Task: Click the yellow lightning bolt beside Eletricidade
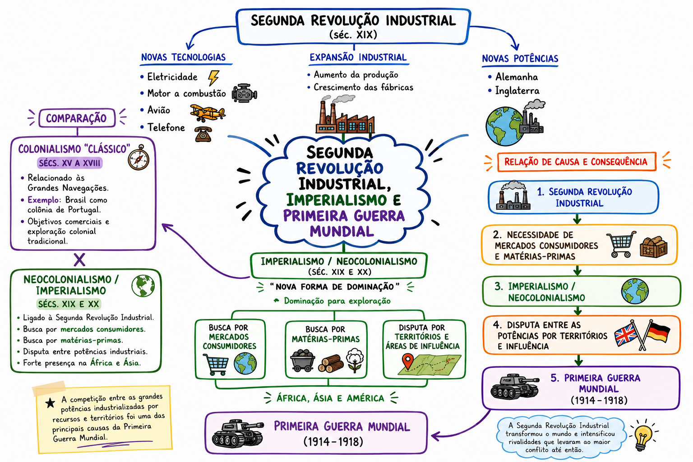(213, 77)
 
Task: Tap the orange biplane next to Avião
(208, 113)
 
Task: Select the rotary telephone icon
(203, 134)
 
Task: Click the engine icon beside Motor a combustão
(245, 93)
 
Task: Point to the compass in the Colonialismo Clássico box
(139, 158)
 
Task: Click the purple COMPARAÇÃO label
(77, 118)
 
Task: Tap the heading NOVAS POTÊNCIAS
(520, 59)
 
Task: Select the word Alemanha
(517, 77)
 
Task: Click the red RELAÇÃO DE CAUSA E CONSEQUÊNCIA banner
(577, 162)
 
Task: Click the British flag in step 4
(626, 335)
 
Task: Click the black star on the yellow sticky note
(50, 403)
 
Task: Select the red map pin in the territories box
(408, 361)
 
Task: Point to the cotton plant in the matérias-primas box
(355, 360)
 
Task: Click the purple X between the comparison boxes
(79, 260)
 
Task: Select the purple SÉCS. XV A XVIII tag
(69, 163)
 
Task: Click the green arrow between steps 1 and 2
(577, 219)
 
